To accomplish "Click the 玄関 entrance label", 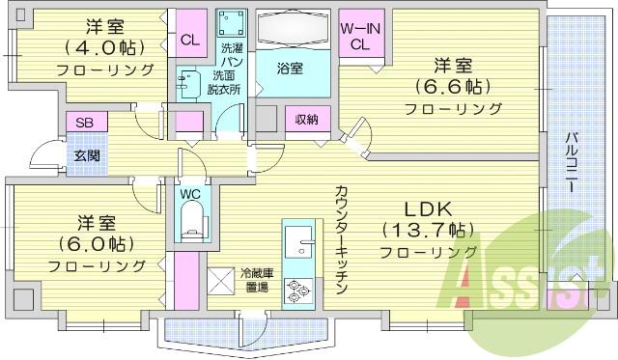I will tap(84, 154).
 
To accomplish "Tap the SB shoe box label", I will tap(84, 123).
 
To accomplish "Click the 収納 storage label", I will tap(307, 119).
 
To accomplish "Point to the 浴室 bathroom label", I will tap(290, 69).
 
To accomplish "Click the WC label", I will tap(191, 192).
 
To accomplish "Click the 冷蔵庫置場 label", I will tap(257, 280).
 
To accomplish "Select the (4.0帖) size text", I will tap(104, 46).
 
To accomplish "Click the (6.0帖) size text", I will tap(97, 242).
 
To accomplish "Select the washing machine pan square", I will tap(230, 23).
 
